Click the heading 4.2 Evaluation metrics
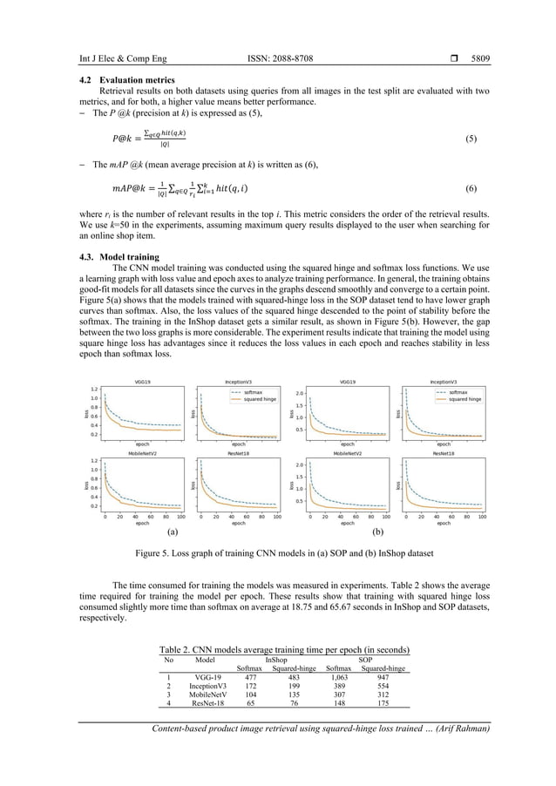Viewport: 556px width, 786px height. (x=126, y=80)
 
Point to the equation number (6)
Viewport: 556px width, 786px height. (x=471, y=188)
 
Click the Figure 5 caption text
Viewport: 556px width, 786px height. (x=277, y=552)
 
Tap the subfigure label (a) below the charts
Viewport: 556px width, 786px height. (x=173, y=530)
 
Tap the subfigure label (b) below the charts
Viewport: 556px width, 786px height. (x=378, y=530)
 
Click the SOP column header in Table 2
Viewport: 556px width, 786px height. (x=365, y=660)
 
